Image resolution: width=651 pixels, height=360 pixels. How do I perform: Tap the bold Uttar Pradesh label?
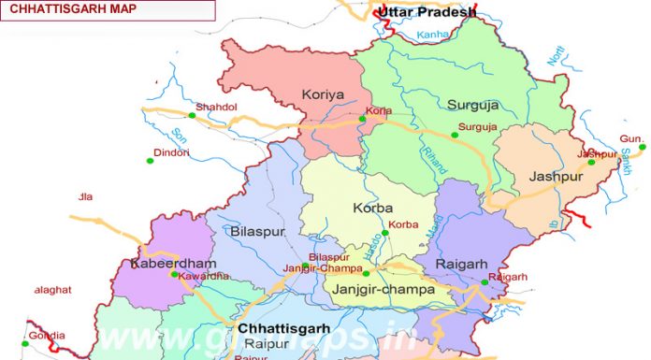(x=426, y=12)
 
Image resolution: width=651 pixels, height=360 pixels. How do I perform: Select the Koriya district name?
(x=322, y=94)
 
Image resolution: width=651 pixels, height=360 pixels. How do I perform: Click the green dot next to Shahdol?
(x=191, y=115)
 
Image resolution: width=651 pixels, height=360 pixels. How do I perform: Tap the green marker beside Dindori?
(x=150, y=161)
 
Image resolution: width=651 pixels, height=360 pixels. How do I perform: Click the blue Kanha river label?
(x=433, y=36)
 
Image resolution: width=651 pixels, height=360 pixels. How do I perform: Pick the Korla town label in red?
(x=380, y=110)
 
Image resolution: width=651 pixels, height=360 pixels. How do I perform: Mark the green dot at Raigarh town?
(x=485, y=282)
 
